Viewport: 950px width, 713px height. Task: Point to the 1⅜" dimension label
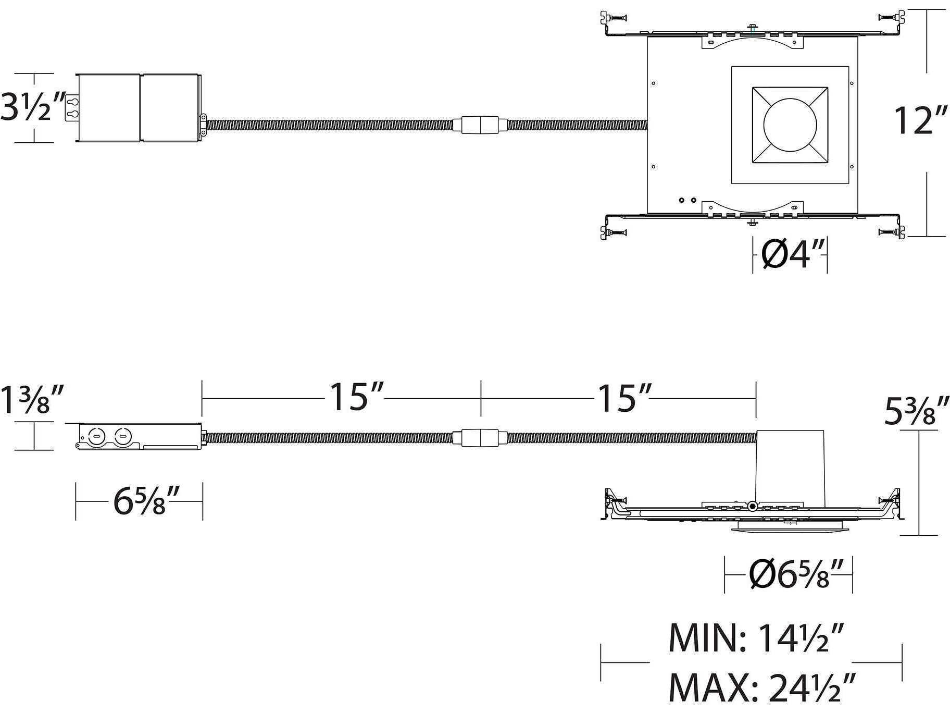(x=32, y=400)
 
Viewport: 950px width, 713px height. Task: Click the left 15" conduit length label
(x=356, y=397)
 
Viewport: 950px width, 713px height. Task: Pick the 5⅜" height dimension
(x=916, y=411)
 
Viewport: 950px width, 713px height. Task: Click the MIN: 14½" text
(x=755, y=638)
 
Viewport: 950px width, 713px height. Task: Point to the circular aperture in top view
(x=790, y=125)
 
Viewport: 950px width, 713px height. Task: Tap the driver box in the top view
(x=138, y=107)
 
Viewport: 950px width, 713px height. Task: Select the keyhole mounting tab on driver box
(x=72, y=107)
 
